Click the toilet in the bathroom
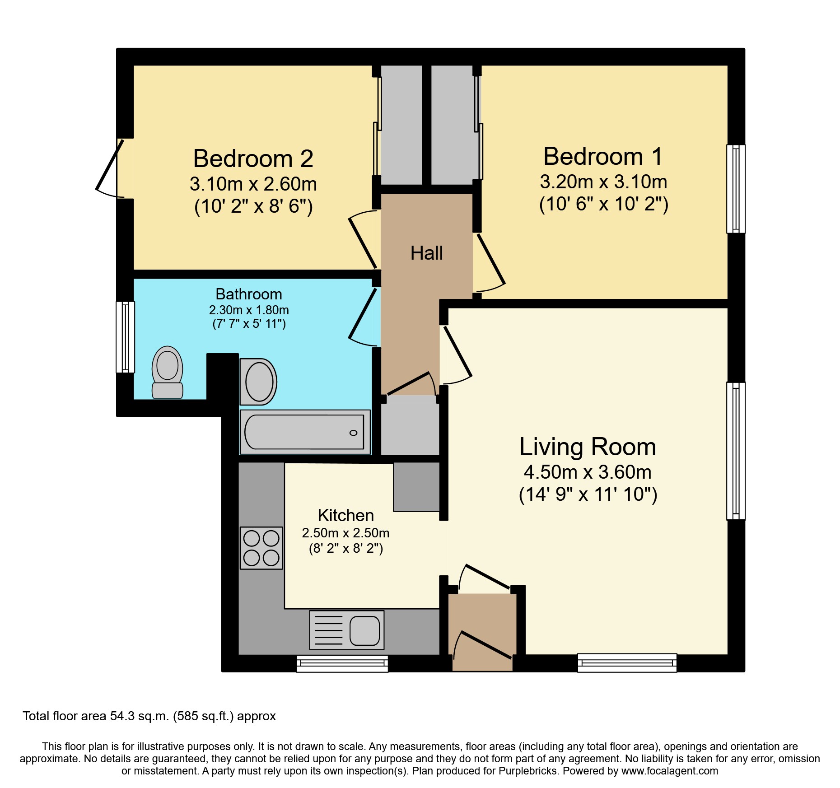coord(168,372)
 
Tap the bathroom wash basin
coord(259,382)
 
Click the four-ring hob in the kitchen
coord(261,548)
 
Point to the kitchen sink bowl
coord(364,630)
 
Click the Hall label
coord(426,253)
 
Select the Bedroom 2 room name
coord(253,159)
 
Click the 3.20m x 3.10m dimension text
coord(603,182)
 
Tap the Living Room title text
coord(587,447)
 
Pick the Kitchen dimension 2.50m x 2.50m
coord(345,533)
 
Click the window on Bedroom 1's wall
coord(736,189)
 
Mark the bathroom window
coord(126,337)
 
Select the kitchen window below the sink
coord(342,663)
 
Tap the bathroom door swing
coord(362,316)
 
